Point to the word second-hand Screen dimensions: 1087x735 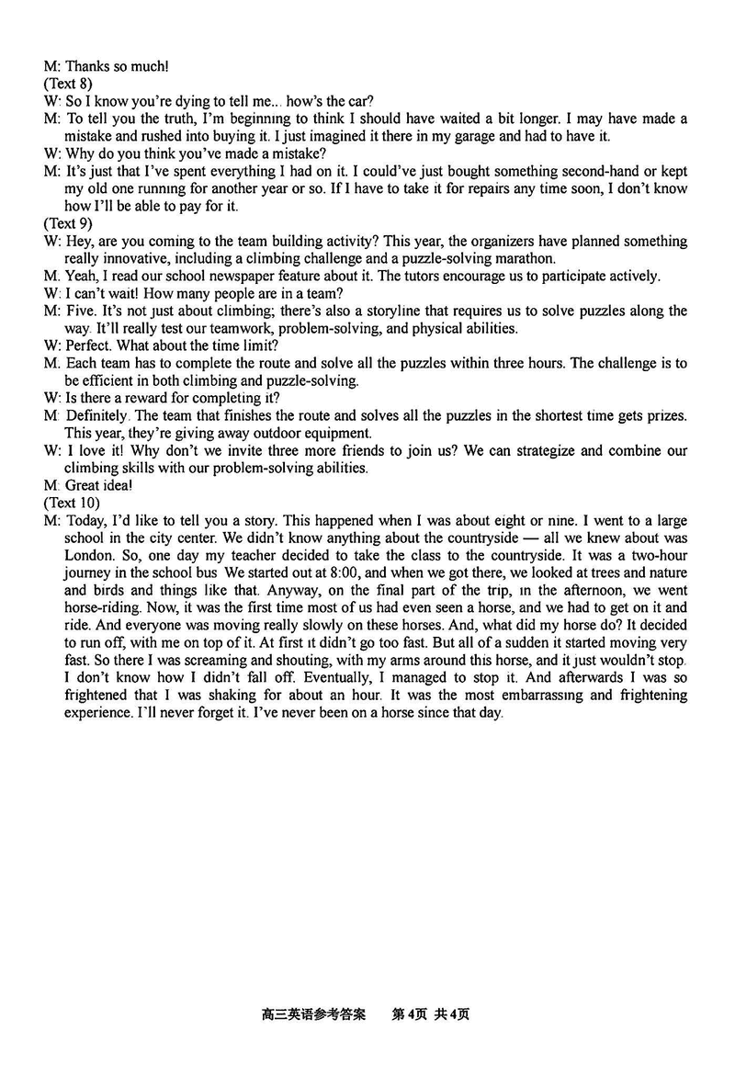[x=607, y=172]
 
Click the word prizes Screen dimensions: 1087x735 [x=661, y=415]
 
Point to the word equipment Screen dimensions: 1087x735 [x=319, y=433]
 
